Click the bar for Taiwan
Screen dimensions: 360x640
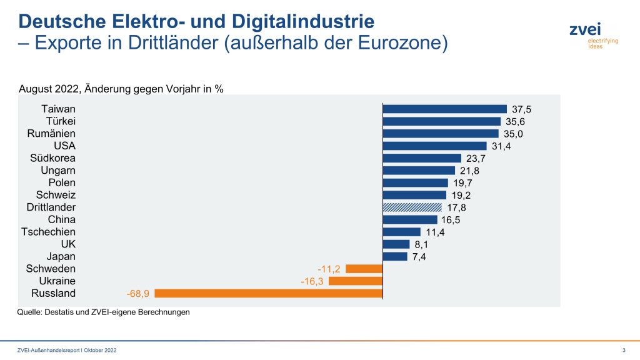[x=444, y=109]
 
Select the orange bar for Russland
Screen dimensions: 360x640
[x=268, y=293]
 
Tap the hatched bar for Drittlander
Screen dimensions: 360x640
[x=412, y=207]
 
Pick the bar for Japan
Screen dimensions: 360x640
[x=394, y=256]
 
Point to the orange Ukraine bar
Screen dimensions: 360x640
[x=355, y=281]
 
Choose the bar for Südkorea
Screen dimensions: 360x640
[x=421, y=158]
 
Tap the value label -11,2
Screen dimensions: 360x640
[x=328, y=269]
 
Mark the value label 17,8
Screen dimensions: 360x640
[x=456, y=207]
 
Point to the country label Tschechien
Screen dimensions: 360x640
[x=49, y=232]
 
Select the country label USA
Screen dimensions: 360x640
[x=64, y=146]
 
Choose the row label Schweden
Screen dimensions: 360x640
[x=52, y=269]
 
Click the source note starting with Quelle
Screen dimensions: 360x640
[x=103, y=312]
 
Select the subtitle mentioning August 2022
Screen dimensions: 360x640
[x=121, y=88]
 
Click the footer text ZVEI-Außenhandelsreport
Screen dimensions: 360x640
[x=67, y=350]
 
